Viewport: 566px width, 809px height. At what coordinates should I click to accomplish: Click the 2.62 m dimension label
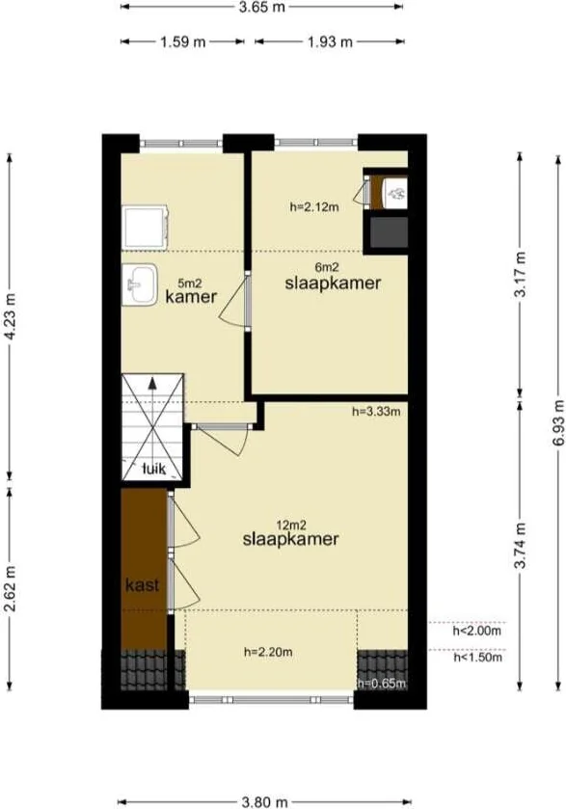click(x=11, y=582)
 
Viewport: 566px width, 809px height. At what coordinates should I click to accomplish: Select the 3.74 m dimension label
click(x=522, y=548)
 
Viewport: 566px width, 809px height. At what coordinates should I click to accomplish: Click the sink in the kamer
click(x=141, y=285)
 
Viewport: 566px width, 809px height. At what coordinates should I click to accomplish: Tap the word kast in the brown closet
click(x=142, y=584)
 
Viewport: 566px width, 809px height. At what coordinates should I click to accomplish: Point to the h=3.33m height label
click(x=375, y=412)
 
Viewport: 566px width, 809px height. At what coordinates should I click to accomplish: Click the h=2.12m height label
click(x=313, y=205)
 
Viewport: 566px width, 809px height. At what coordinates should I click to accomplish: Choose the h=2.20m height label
click(x=268, y=652)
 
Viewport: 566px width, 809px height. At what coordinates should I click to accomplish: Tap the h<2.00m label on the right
click(x=476, y=633)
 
